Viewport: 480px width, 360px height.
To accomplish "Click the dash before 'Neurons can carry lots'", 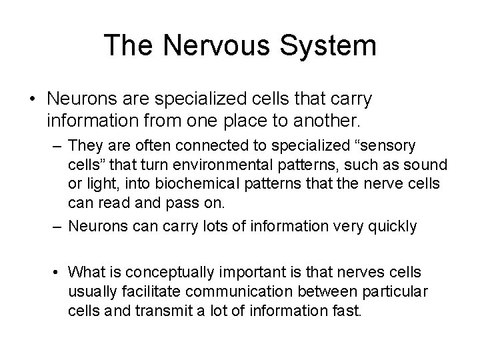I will [x=59, y=226].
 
